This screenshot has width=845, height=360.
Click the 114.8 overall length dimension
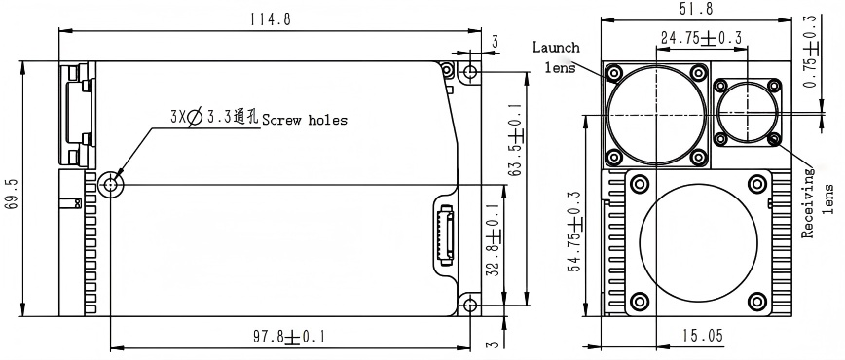click(x=270, y=19)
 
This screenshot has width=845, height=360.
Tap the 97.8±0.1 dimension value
click(x=289, y=338)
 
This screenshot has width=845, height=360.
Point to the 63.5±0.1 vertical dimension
click(x=515, y=140)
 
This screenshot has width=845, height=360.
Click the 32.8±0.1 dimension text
click(x=494, y=239)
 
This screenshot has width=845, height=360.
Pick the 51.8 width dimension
click(x=696, y=9)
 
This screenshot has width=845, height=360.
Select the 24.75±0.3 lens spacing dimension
click(x=701, y=38)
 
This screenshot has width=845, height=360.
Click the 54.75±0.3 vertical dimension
click(x=575, y=232)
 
